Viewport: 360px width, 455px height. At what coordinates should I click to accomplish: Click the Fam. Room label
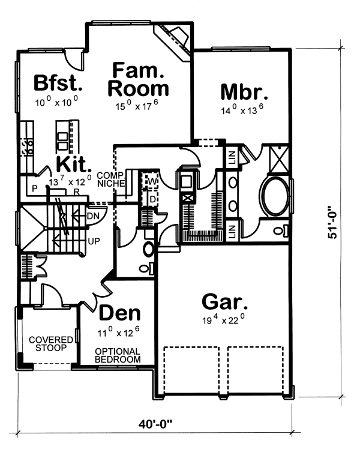pos(139,79)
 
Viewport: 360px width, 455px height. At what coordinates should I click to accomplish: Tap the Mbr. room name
pos(244,92)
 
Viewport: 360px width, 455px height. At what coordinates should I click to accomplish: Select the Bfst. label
pos(58,83)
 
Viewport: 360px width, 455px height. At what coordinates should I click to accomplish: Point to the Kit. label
pos(74,164)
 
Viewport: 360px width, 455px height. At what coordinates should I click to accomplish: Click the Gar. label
pos(225,302)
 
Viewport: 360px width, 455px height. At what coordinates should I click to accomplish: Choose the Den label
pos(119,313)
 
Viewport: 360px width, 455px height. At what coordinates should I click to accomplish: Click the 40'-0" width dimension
pos(155,424)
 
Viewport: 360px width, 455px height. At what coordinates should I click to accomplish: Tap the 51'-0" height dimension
pos(332,222)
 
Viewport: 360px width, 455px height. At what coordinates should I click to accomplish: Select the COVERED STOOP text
pos(51,343)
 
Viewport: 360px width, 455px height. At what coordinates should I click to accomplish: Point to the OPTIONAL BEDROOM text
pos(118,355)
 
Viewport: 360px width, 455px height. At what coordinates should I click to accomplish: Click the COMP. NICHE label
pos(111,179)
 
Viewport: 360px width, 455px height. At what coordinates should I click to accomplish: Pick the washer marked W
pos(152,182)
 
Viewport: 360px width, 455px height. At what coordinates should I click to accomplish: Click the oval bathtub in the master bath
pos(275,197)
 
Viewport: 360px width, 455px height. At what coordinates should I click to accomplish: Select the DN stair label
pos(93,216)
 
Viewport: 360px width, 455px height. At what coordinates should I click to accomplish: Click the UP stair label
pos(94,241)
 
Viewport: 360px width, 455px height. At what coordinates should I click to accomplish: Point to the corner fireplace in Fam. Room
pos(173,41)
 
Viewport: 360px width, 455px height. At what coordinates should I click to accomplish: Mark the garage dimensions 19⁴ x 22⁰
pos(223,319)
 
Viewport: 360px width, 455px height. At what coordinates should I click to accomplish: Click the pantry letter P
pos(35,189)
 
